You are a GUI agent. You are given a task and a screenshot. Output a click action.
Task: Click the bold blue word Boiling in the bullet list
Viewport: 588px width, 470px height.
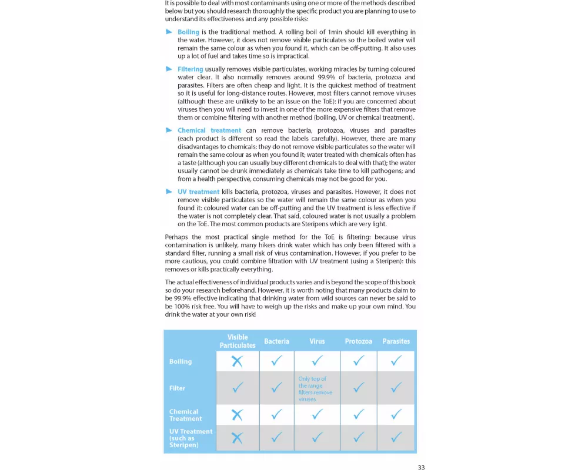(x=188, y=32)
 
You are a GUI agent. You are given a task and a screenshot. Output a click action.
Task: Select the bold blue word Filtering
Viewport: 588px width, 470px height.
(x=191, y=69)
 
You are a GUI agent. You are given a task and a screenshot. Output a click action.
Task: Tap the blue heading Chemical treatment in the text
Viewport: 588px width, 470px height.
(x=209, y=130)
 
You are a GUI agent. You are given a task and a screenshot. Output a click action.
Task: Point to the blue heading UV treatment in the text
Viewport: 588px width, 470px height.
(x=198, y=192)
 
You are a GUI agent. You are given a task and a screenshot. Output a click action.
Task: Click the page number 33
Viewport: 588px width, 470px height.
(x=421, y=468)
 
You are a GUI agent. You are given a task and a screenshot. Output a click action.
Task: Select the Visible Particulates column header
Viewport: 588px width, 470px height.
(x=238, y=341)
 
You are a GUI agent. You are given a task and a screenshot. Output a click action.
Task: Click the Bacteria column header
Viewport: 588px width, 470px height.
(x=276, y=341)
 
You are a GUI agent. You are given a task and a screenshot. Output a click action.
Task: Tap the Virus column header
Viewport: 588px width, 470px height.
(x=317, y=341)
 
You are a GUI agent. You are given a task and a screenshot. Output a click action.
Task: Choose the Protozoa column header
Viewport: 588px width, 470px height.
(x=359, y=341)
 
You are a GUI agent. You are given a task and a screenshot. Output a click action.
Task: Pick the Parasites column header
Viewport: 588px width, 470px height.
(x=396, y=341)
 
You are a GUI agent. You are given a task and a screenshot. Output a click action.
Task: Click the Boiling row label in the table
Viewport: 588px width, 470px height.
(x=181, y=362)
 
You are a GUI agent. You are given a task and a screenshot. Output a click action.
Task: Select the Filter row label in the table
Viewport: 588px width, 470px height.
(x=178, y=388)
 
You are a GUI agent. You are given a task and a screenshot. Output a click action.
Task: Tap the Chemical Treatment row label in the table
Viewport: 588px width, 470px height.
(x=184, y=415)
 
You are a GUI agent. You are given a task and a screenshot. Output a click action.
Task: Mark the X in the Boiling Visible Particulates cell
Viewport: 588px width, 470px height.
(x=237, y=361)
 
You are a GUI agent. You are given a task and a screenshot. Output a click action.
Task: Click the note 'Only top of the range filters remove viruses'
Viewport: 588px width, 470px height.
(x=316, y=389)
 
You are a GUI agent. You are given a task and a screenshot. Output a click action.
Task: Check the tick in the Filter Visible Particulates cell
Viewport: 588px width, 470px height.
(x=238, y=388)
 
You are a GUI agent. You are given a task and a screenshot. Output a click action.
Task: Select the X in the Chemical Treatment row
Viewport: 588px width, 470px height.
(x=237, y=415)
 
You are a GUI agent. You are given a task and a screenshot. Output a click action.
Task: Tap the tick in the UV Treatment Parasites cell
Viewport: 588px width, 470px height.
(x=396, y=437)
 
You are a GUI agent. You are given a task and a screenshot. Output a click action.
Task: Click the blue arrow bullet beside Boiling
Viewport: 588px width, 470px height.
(x=169, y=32)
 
